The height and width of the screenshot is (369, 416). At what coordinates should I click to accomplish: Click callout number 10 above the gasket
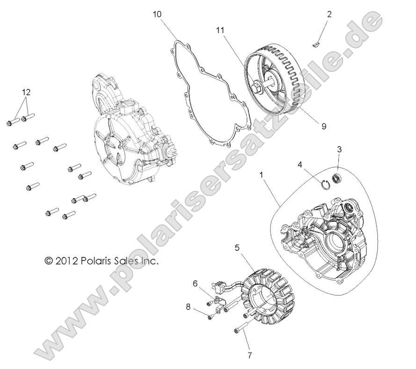coord(157,15)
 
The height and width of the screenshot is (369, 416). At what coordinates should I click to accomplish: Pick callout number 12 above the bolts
coord(27,92)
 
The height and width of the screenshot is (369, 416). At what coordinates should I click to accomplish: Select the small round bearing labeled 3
coord(336,177)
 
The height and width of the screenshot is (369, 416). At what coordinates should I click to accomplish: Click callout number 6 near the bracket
coord(196,283)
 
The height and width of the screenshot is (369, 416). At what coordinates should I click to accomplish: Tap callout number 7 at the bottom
coord(249,355)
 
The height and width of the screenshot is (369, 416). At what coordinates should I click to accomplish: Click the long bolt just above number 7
coord(241,328)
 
